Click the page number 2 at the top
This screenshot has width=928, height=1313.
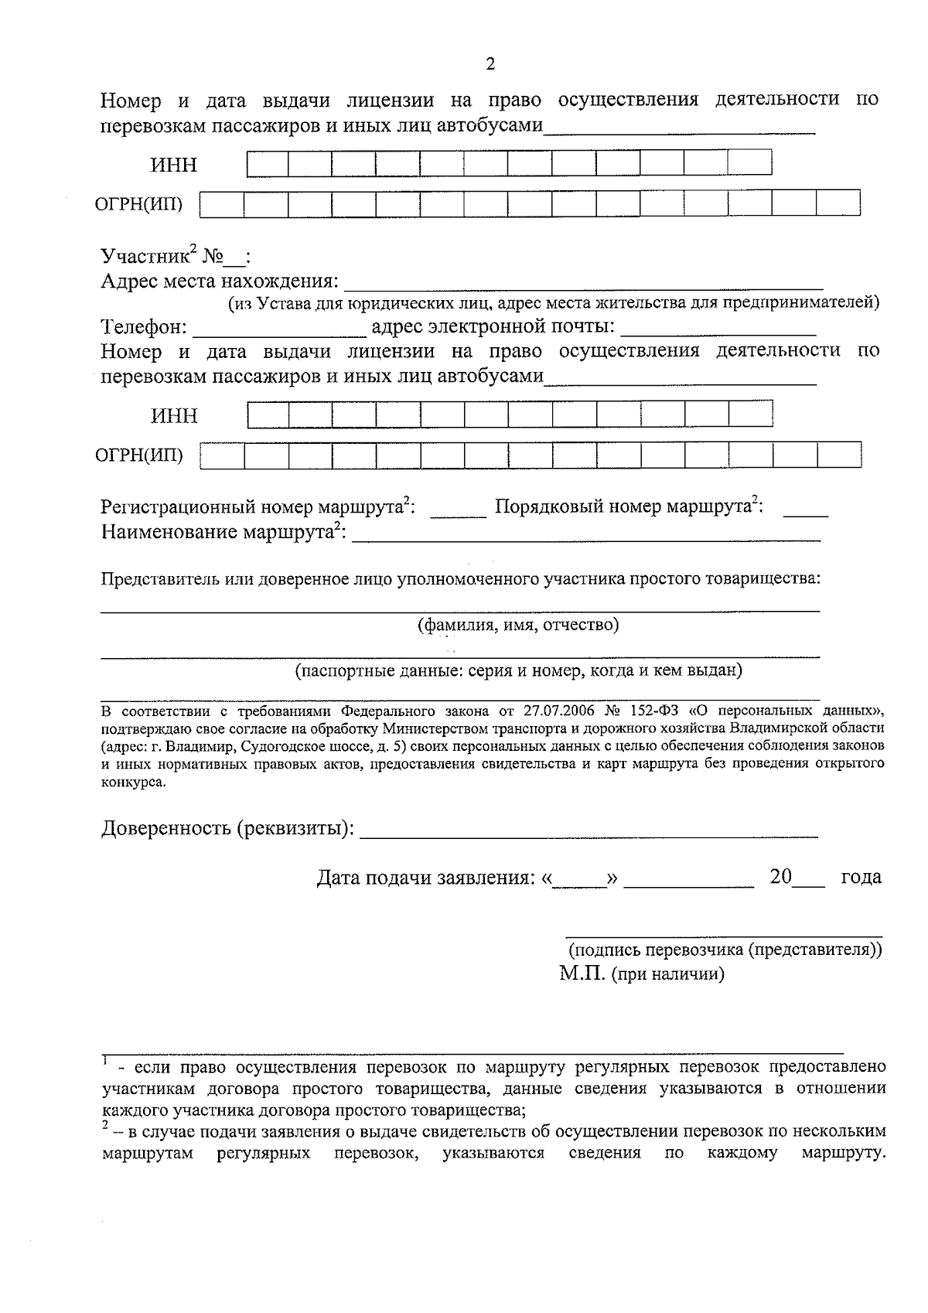pyautogui.click(x=490, y=64)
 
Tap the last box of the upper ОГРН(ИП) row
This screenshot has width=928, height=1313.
pyautogui.click(x=838, y=204)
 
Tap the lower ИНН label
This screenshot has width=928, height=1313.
pyautogui.click(x=174, y=416)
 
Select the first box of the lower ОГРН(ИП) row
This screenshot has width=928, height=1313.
pyautogui.click(x=223, y=455)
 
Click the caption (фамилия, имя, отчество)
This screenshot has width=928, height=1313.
pyautogui.click(x=518, y=625)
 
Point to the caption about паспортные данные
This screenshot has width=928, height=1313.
pyautogui.click(x=518, y=670)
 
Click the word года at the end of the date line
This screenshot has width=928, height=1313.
pyautogui.click(x=860, y=878)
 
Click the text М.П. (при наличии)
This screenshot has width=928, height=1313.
pyautogui.click(x=642, y=974)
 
